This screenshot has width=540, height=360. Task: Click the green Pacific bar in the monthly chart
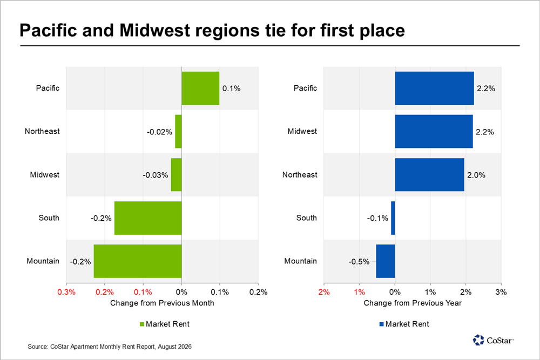pyautogui.click(x=200, y=88)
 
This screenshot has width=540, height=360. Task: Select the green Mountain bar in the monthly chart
pyautogui.click(x=138, y=261)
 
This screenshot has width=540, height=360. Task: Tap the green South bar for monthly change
pyautogui.click(x=148, y=218)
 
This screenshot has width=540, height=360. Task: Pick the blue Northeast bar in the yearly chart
pyautogui.click(x=429, y=174)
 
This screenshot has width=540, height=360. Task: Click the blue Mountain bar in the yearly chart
pyautogui.click(x=386, y=261)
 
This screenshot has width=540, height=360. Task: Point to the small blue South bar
pyautogui.click(x=393, y=218)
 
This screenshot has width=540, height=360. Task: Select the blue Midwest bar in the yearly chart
pyautogui.click(x=434, y=132)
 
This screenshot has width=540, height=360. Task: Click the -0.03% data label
pyautogui.click(x=156, y=175)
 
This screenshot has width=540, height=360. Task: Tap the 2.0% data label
pyautogui.click(x=476, y=175)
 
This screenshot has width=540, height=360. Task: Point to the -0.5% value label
pyautogui.click(x=359, y=262)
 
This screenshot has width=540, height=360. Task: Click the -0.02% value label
pyautogui.click(x=159, y=132)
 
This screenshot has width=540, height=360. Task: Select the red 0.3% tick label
pyautogui.click(x=66, y=292)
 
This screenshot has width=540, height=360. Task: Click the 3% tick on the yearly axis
pyautogui.click(x=501, y=292)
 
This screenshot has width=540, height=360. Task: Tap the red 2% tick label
pyautogui.click(x=324, y=292)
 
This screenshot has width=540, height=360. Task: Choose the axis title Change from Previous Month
pyautogui.click(x=162, y=303)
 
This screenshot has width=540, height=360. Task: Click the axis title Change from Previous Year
pyautogui.click(x=413, y=303)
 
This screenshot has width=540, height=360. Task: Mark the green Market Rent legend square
pyautogui.click(x=141, y=324)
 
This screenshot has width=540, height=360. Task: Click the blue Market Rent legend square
pyautogui.click(x=381, y=324)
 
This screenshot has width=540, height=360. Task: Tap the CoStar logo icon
pyautogui.click(x=478, y=340)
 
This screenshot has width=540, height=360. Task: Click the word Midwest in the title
pyautogui.click(x=154, y=30)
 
